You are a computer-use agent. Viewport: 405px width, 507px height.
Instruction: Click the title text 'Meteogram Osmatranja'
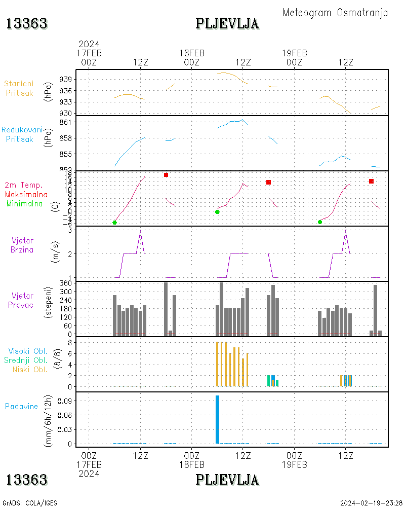pyautogui.click(x=335, y=13)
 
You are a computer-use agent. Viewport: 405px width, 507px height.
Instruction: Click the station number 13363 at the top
pyautogui.click(x=26, y=23)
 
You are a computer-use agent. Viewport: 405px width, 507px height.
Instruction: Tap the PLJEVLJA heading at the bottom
pyautogui.click(x=227, y=479)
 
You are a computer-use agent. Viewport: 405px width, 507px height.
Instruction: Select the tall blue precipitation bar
pyautogui.click(x=217, y=419)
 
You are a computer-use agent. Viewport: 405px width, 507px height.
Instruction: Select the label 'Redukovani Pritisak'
pyautogui.click(x=22, y=134)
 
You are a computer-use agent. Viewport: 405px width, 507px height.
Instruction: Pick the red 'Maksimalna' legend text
pyautogui.click(x=26, y=194)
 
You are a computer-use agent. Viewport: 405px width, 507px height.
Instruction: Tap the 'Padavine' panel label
pyautogui.click(x=21, y=406)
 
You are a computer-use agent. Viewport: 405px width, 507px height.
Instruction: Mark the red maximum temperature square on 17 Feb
pyautogui.click(x=166, y=175)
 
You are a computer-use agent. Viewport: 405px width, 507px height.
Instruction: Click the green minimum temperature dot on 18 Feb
pyautogui.click(x=217, y=212)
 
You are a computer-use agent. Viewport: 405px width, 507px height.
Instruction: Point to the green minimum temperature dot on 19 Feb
pyautogui.click(x=320, y=222)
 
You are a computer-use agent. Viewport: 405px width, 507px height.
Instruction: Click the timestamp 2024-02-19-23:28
pyautogui.click(x=371, y=503)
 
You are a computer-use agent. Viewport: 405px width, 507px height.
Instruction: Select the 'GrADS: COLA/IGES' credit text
pyautogui.click(x=29, y=503)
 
